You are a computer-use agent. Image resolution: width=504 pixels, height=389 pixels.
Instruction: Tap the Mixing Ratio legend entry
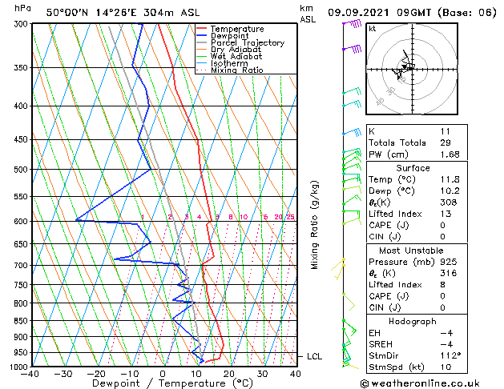(236, 70)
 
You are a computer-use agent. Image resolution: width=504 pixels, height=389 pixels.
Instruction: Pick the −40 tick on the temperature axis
(30, 374)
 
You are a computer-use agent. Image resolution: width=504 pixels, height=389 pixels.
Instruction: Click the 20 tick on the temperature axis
(229, 374)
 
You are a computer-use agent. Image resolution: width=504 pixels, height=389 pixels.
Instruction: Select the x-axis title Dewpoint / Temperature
(163, 384)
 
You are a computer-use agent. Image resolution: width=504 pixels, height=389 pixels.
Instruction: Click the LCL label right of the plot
(313, 356)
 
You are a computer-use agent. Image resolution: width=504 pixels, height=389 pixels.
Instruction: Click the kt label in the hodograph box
(372, 28)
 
